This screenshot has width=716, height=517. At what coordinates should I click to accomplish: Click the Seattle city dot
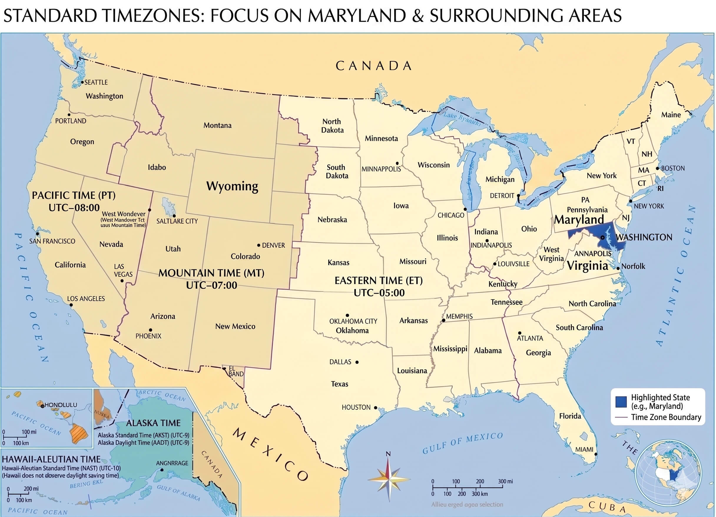[82, 82]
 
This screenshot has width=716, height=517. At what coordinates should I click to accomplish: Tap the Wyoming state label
[232, 186]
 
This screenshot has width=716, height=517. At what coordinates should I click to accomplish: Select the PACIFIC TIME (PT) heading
[74, 195]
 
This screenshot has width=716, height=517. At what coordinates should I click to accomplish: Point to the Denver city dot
[258, 245]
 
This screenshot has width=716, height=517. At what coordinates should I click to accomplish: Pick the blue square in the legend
[621, 401]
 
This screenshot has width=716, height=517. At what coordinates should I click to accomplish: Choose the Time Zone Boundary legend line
[621, 417]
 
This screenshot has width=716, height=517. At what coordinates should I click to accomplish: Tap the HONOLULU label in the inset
[61, 405]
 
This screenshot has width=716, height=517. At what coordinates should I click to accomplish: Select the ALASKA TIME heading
[153, 423]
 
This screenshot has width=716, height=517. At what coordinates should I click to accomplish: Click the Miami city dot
[596, 454]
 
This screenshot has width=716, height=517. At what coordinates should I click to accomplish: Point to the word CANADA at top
[374, 66]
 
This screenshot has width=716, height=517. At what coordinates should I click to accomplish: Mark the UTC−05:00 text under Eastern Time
[379, 293]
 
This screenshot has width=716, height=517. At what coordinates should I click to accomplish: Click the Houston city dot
[375, 408]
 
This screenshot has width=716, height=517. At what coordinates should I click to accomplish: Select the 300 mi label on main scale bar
[505, 481]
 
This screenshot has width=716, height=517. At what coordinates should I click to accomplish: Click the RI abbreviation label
[660, 189]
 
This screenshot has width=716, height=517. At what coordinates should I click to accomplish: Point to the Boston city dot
[658, 169]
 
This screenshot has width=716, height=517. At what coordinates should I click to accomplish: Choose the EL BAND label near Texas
[236, 371]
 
